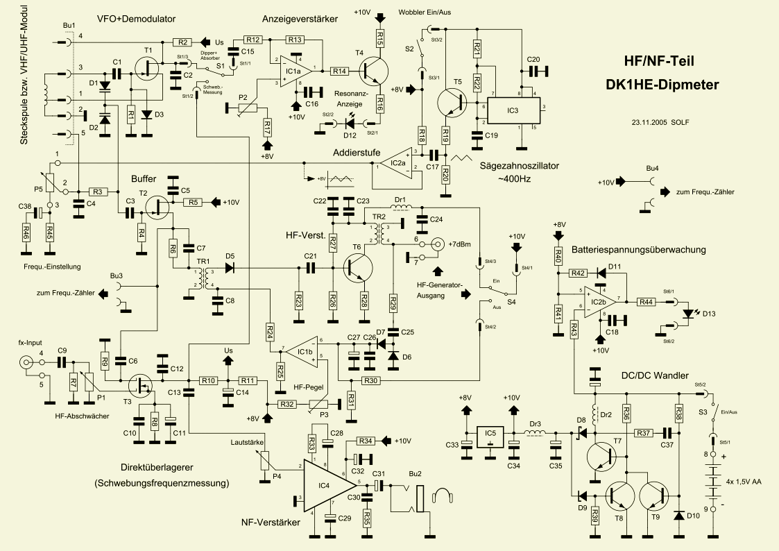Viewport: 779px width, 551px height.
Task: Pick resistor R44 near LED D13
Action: pyautogui.click(x=646, y=300)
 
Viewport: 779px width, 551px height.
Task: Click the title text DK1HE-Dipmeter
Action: pyautogui.click(x=662, y=85)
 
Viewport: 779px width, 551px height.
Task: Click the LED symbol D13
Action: pyautogui.click(x=688, y=313)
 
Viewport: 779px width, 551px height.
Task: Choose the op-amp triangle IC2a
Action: pyautogui.click(x=398, y=164)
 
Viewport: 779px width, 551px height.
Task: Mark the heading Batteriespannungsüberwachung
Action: pyautogui.click(x=638, y=249)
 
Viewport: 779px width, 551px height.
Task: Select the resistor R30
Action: pyautogui.click(x=370, y=380)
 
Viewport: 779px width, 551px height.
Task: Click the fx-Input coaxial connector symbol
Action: pyautogui.click(x=26, y=362)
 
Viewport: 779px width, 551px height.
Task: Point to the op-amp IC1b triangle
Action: pyautogui.click(x=302, y=353)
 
